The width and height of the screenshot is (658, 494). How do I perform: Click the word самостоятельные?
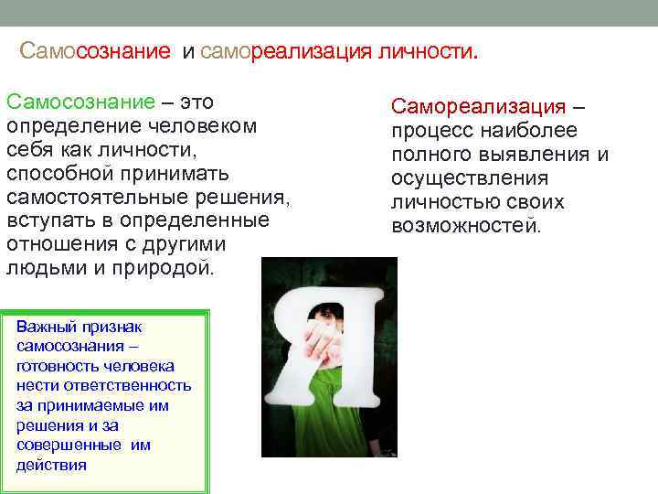(x=98, y=197)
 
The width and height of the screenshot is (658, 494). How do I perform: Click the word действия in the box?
(x=51, y=464)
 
